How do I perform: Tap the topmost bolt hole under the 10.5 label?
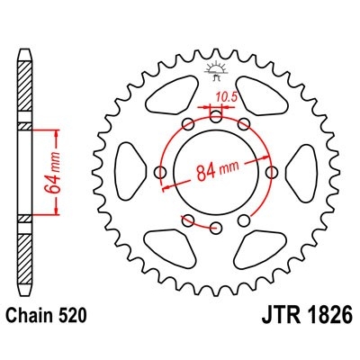point(217,114)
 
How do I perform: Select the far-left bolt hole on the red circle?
point(161,171)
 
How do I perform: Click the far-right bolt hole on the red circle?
point(272,171)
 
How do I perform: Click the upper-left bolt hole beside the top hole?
point(188,124)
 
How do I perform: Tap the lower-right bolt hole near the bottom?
point(245,220)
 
